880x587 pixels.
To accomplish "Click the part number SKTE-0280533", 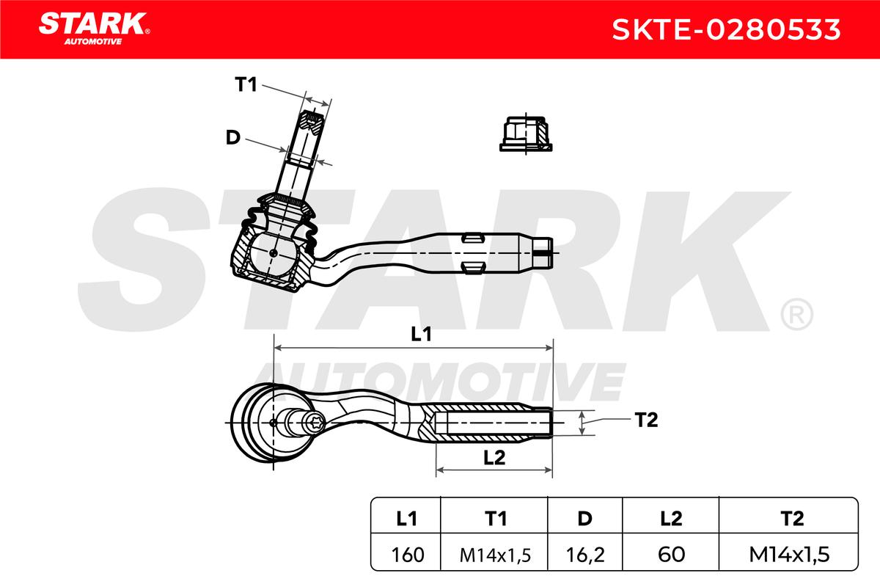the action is (726, 29).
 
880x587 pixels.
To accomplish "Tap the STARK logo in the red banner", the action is (94, 29).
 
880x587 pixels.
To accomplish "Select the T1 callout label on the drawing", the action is (246, 84).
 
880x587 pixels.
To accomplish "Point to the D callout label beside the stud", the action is (233, 138).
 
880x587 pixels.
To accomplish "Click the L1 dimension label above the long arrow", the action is (421, 334).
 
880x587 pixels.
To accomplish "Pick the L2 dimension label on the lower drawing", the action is (494, 458).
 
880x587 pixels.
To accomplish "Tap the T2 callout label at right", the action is (646, 420).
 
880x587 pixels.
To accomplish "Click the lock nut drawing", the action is (526, 134).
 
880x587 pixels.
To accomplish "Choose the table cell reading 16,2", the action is (585, 555).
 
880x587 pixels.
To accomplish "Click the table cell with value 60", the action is (671, 555).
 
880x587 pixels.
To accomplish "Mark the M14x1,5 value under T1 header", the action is (494, 555).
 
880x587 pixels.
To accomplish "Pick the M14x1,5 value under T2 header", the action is (789, 555).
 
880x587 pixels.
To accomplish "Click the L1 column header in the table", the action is (406, 519).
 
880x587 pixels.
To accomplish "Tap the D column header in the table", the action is (585, 519).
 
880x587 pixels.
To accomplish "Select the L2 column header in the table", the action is (671, 519).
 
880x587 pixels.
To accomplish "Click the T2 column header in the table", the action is (792, 519).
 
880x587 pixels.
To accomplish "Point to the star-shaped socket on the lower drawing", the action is (315, 423).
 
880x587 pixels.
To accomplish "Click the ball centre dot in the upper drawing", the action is (274, 253).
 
